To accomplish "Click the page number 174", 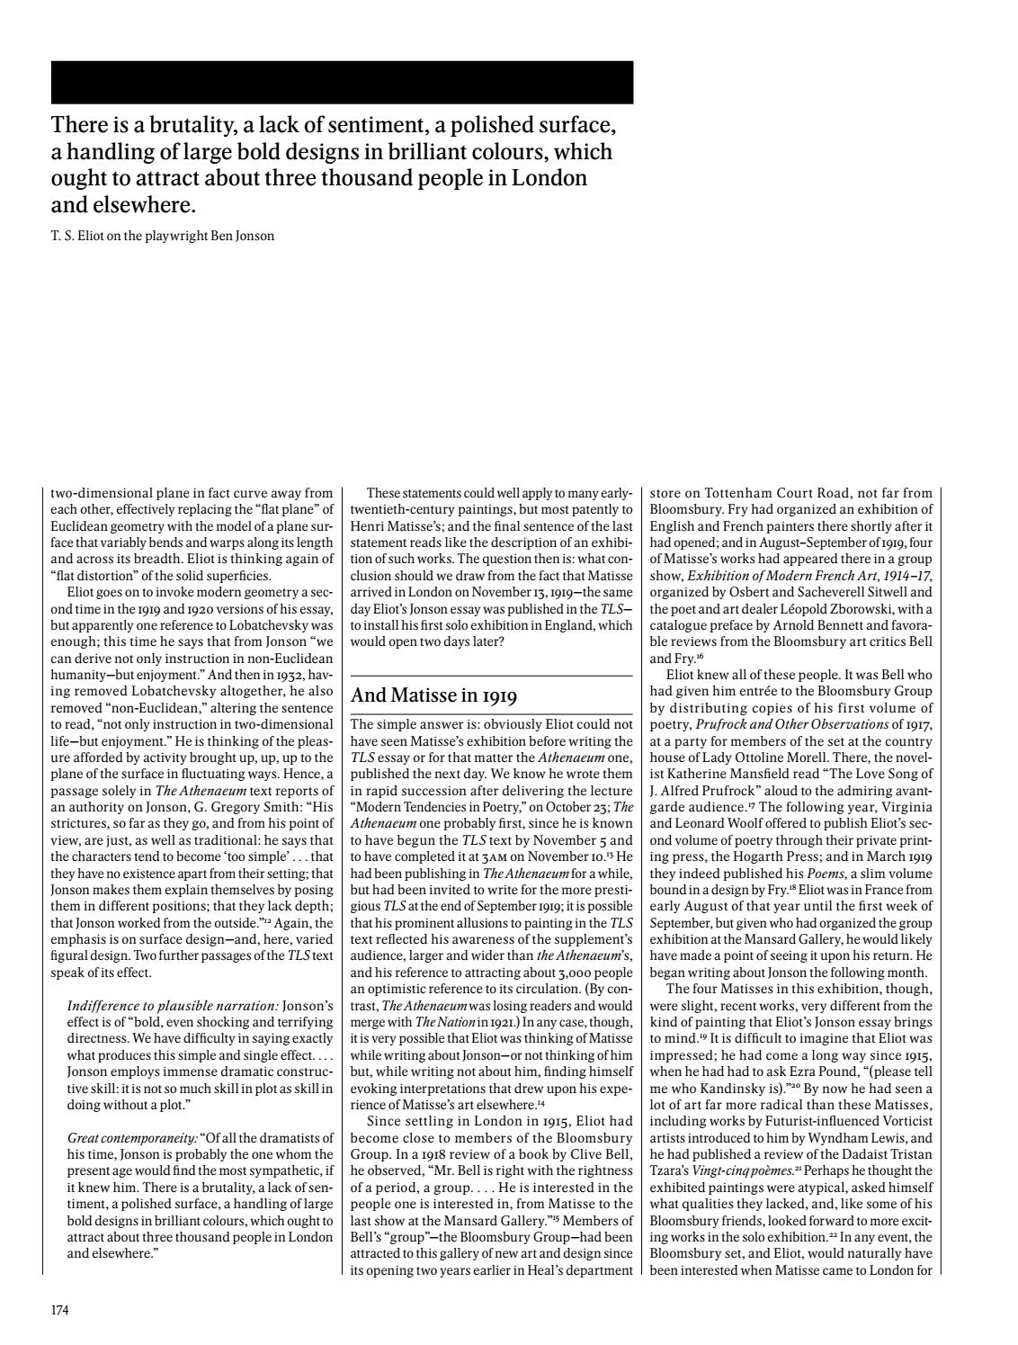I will [x=59, y=1310].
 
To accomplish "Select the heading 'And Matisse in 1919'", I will [x=433, y=695].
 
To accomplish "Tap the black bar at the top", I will [x=342, y=83].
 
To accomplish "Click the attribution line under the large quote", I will [x=163, y=237].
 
